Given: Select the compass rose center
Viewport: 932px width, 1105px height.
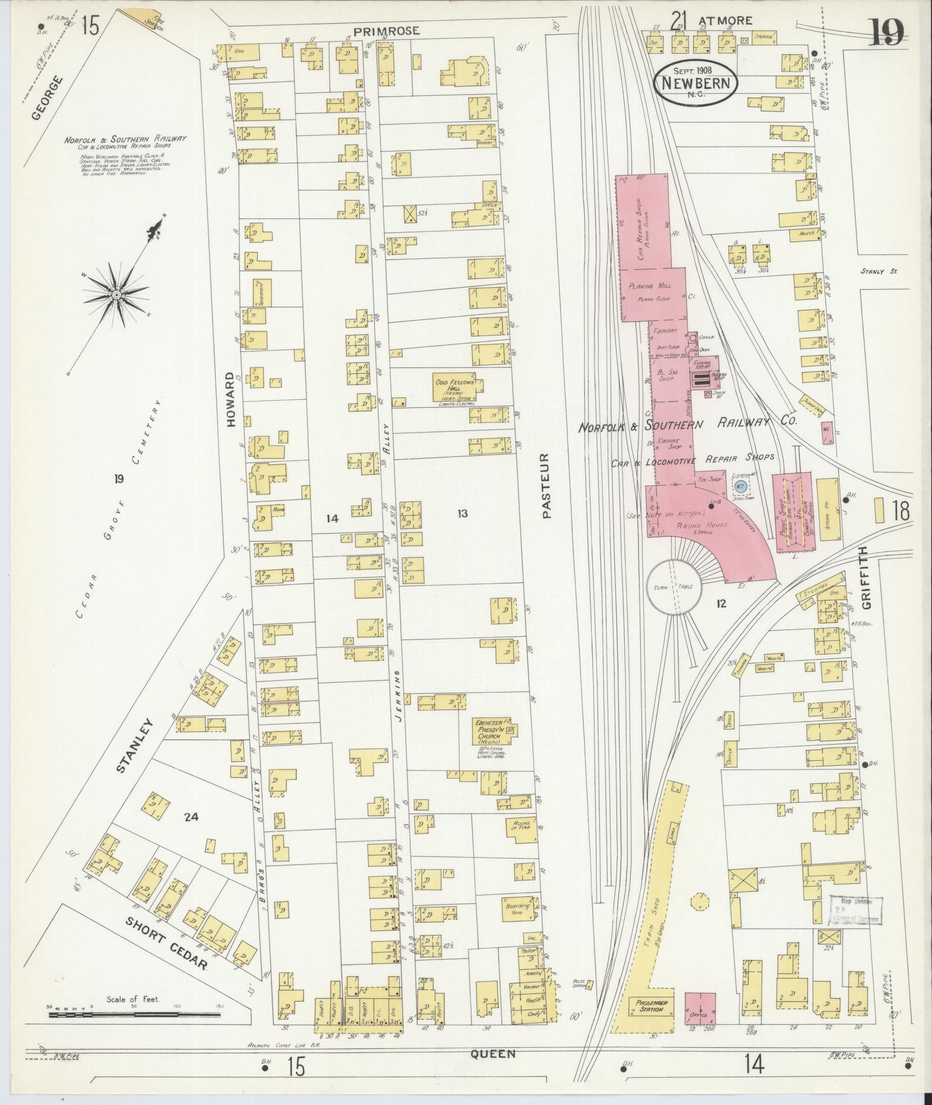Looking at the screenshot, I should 117,295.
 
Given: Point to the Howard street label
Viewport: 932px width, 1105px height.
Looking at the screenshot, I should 232,399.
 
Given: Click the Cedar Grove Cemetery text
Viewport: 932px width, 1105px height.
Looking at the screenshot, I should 120,514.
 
